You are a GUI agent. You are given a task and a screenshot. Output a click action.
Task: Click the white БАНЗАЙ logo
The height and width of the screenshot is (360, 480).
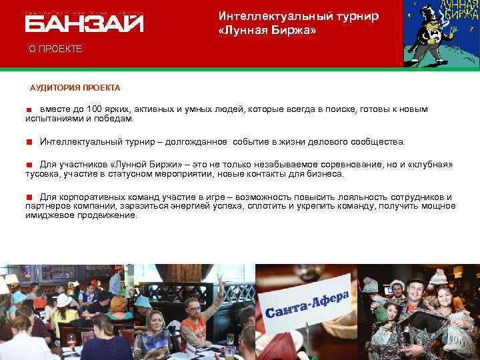click(84, 23)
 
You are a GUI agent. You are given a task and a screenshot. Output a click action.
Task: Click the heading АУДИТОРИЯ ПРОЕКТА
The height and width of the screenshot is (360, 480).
click(75, 87)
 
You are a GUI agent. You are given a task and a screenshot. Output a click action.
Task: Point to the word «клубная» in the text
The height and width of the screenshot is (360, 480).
click(431, 164)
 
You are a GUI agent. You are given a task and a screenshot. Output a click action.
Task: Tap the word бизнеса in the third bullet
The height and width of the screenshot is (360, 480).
click(327, 173)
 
